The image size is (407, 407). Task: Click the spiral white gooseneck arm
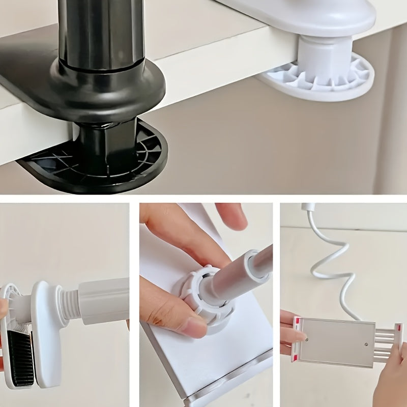coord(331,265)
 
